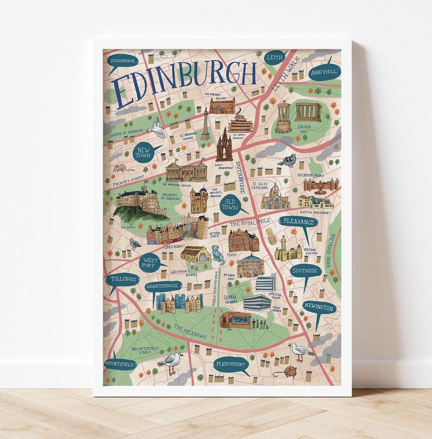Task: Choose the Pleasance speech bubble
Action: (x=298, y=222)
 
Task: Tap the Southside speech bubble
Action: (x=305, y=270)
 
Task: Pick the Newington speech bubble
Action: (x=319, y=308)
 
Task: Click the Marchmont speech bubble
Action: (x=231, y=364)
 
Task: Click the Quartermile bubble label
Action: (x=163, y=286)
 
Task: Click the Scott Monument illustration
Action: (x=224, y=145)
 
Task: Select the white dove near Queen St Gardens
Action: (x=157, y=128)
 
